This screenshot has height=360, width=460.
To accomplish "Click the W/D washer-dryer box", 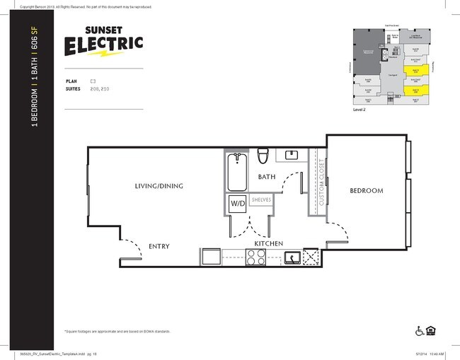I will (237, 203).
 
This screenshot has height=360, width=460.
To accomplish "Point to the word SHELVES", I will (260, 200).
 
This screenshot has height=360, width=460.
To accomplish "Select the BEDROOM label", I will (366, 190).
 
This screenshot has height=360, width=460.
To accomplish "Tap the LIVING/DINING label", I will (159, 186).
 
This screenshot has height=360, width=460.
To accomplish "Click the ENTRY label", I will (159, 246).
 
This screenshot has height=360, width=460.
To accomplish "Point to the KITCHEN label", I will (269, 243).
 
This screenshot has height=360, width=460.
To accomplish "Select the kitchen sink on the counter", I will (292, 257).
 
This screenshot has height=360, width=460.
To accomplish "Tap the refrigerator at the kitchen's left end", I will (211, 257).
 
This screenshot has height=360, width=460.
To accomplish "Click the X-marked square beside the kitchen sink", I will (311, 257).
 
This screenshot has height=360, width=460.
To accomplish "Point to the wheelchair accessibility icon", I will (418, 330).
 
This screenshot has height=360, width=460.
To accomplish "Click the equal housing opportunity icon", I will (430, 330).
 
